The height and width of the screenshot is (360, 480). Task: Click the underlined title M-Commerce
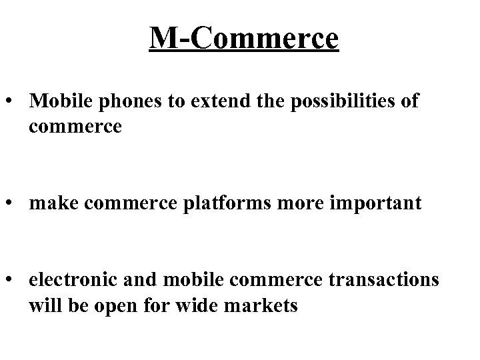pos(244,39)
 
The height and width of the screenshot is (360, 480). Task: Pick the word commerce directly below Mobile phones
pos(75,125)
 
